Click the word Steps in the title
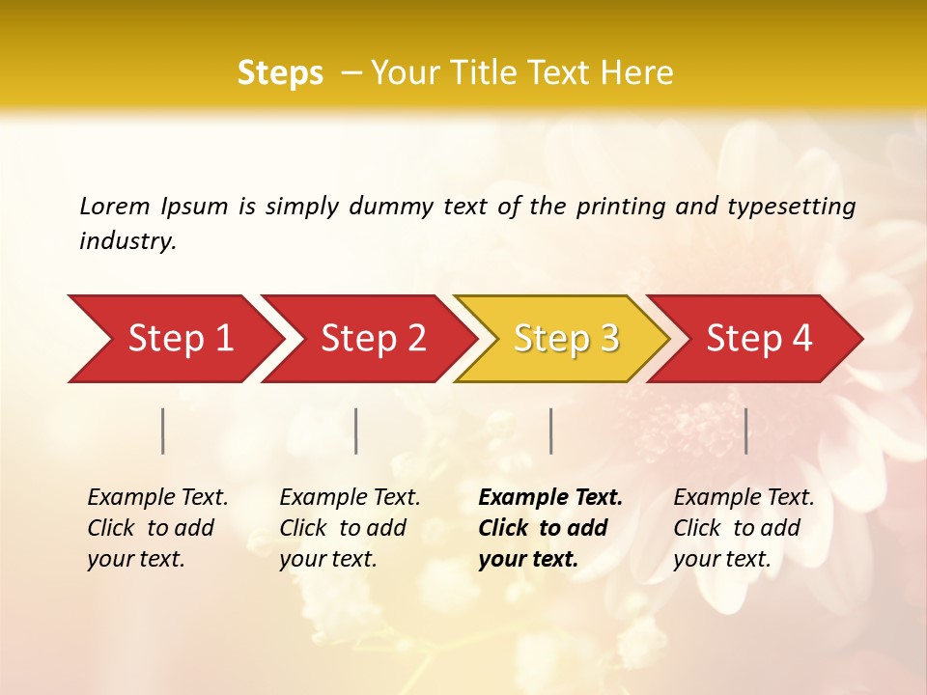tap(280, 73)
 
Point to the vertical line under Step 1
tap(163, 431)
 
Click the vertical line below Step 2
tap(356, 431)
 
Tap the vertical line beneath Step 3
tap(550, 431)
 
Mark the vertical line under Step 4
tap(745, 431)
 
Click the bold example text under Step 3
tap(550, 528)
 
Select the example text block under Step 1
tap(157, 528)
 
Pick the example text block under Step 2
tap(350, 528)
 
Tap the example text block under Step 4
tap(744, 528)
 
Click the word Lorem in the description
tap(114, 207)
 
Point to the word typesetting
tap(791, 207)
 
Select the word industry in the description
tap(126, 241)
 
